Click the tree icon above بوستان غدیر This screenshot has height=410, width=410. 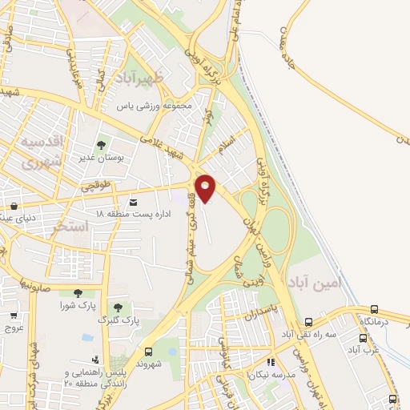101,145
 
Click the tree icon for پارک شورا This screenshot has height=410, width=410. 78,293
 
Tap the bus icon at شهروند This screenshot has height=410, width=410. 148,352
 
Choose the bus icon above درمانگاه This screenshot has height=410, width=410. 374,309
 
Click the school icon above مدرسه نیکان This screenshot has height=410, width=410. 270,362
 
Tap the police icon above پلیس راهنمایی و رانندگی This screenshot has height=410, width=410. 94,360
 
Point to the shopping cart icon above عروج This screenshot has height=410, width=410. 14,316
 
